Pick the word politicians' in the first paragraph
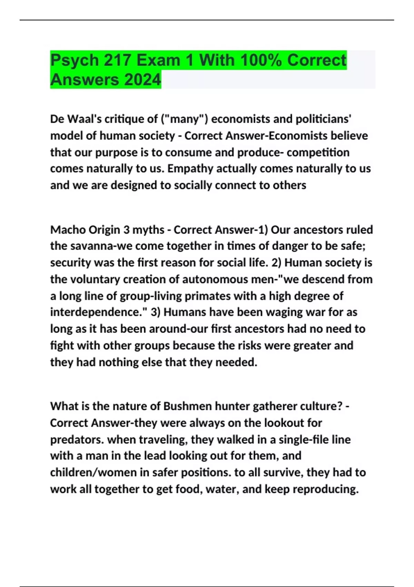324,119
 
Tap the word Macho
68,230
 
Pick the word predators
77,440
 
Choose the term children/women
93,472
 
